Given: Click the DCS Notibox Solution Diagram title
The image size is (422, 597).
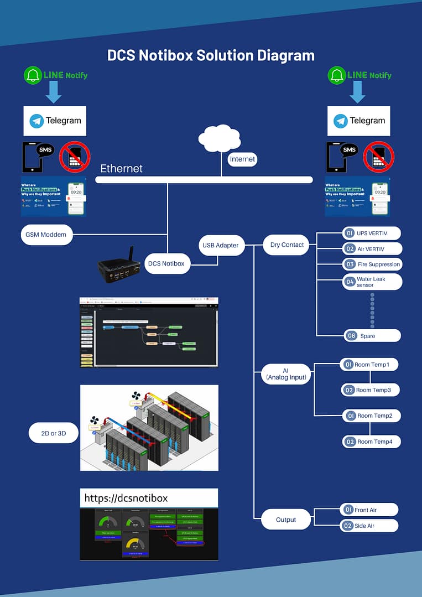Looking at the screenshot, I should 211,55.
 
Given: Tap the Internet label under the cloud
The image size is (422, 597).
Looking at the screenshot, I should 242,159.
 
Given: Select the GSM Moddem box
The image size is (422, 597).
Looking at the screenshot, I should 46,235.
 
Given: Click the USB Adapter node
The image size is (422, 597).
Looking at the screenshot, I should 221,245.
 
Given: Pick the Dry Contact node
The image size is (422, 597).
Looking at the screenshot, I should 286,245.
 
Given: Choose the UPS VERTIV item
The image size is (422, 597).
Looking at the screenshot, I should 371,233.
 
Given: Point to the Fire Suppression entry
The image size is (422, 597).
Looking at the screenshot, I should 372,264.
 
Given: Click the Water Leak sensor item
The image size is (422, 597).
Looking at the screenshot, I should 372,282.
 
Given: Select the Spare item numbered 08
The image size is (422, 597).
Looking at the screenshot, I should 371,336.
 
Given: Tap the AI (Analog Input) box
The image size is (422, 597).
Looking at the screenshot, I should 285,373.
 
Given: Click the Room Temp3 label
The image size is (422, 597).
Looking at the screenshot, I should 370,390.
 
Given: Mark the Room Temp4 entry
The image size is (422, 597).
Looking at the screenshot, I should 371,442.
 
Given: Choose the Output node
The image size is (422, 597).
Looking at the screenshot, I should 286,520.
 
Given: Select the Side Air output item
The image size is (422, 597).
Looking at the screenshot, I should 369,526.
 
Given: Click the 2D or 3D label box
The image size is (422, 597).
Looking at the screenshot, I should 54,433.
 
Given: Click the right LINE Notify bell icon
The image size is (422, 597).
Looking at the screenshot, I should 337,75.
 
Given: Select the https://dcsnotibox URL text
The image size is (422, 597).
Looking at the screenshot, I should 126,499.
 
